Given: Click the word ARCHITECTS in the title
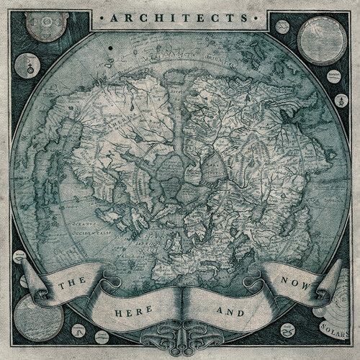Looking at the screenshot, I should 179,13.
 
